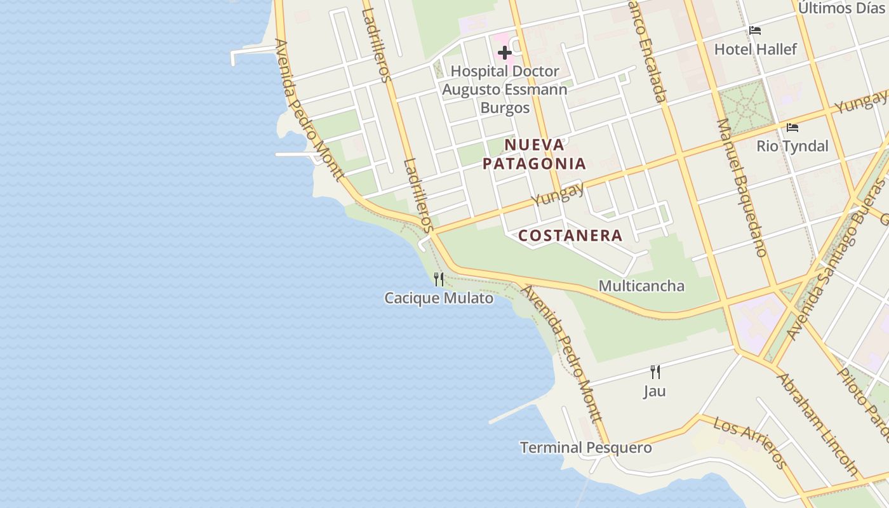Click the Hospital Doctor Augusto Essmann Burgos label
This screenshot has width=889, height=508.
[504, 90]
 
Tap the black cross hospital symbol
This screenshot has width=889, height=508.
[505, 52]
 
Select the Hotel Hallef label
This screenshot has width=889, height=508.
[755, 50]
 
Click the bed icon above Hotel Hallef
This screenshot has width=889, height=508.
[755, 30]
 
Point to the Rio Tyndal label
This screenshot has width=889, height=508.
[792, 146]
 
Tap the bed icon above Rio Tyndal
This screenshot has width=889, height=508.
[792, 128]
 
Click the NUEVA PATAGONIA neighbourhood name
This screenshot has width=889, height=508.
[534, 154]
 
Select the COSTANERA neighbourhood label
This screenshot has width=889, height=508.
[570, 236]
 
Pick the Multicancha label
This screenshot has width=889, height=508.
[641, 286]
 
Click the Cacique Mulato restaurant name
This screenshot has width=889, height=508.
[439, 298]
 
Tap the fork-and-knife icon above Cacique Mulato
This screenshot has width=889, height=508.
[439, 279]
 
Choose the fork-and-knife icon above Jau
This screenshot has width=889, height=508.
[655, 371]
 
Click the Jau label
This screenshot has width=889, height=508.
[655, 391]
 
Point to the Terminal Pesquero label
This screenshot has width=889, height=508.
[585, 448]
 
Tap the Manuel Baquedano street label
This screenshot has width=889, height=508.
[741, 187]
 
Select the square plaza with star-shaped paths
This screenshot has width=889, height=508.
[747, 108]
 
